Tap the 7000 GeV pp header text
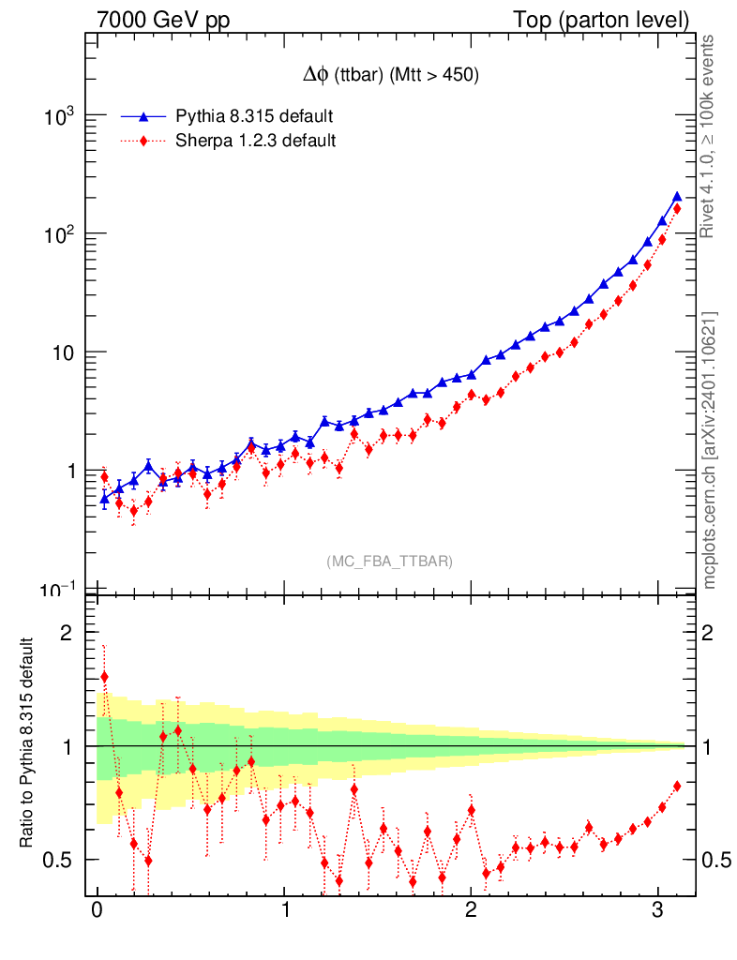click(x=164, y=19)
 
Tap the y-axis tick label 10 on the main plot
click(x=64, y=352)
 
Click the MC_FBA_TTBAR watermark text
click(x=389, y=562)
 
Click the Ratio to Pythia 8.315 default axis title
click(x=28, y=744)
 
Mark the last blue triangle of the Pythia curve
click(x=677, y=197)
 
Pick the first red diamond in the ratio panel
click(x=104, y=676)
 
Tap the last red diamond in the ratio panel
click(x=677, y=786)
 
